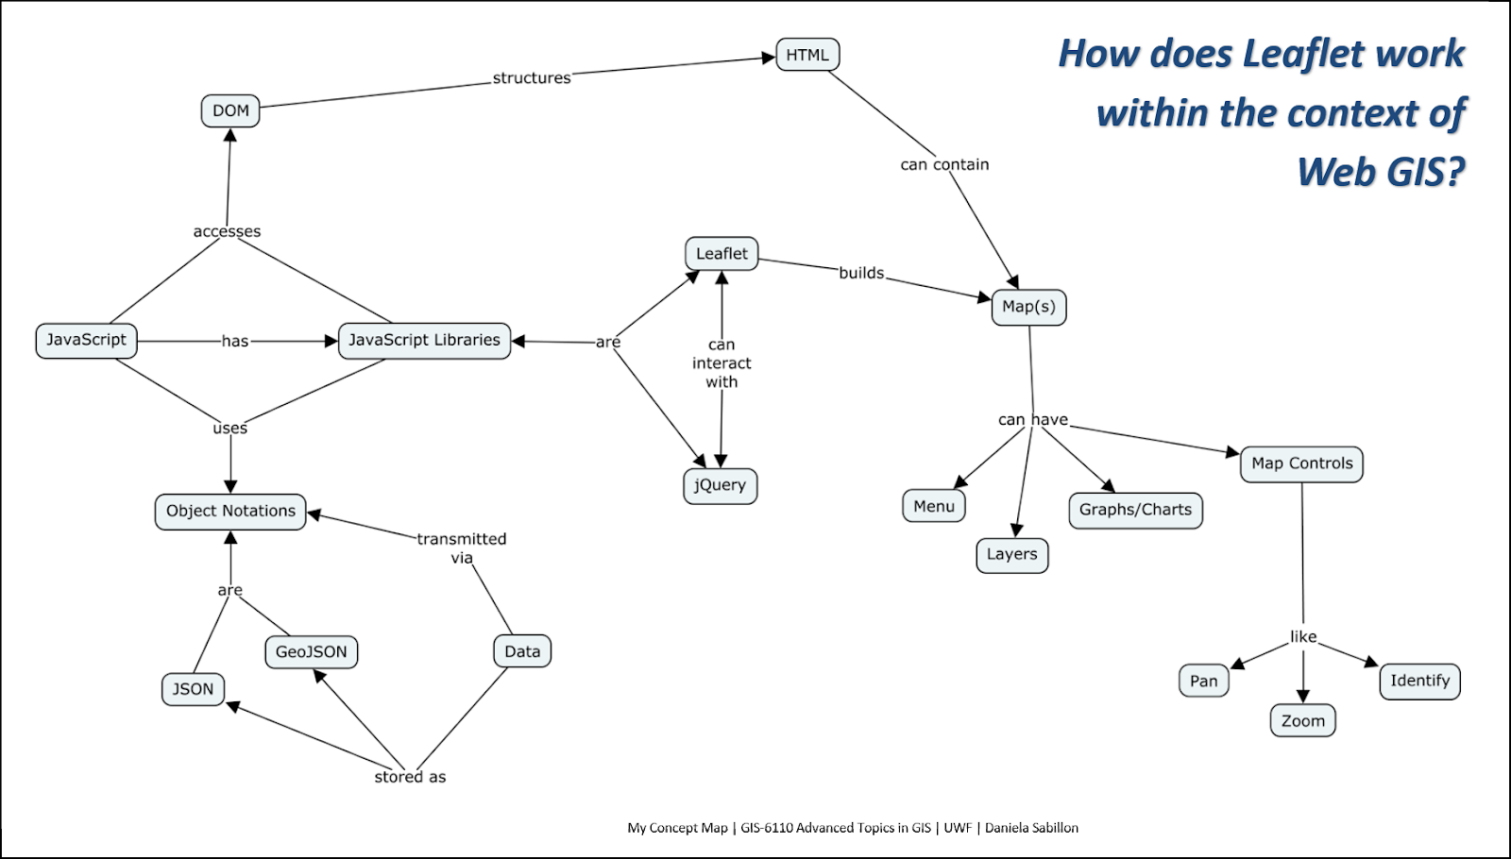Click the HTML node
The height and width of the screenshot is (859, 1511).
click(807, 55)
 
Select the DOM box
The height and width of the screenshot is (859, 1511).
click(230, 110)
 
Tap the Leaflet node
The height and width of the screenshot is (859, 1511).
click(722, 253)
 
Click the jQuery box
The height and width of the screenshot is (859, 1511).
click(720, 485)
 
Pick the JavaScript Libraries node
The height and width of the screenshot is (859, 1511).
click(424, 340)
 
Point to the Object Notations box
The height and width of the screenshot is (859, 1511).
click(230, 511)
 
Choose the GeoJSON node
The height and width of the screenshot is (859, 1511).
click(312, 651)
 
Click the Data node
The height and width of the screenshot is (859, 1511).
click(522, 651)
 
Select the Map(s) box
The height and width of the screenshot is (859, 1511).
click(1028, 307)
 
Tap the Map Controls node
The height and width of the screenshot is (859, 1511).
click(1301, 463)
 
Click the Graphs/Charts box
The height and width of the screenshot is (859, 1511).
click(1135, 510)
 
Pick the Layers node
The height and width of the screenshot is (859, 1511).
click(1011, 554)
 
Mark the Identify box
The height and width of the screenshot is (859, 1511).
click(1419, 681)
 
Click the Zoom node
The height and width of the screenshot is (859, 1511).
click(1302, 720)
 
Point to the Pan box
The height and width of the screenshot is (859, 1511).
click(1203, 681)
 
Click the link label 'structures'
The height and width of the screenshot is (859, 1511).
click(532, 78)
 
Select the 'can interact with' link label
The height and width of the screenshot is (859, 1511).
click(722, 363)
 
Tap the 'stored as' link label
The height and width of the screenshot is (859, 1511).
click(410, 777)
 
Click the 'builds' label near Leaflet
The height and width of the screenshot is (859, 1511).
click(861, 273)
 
